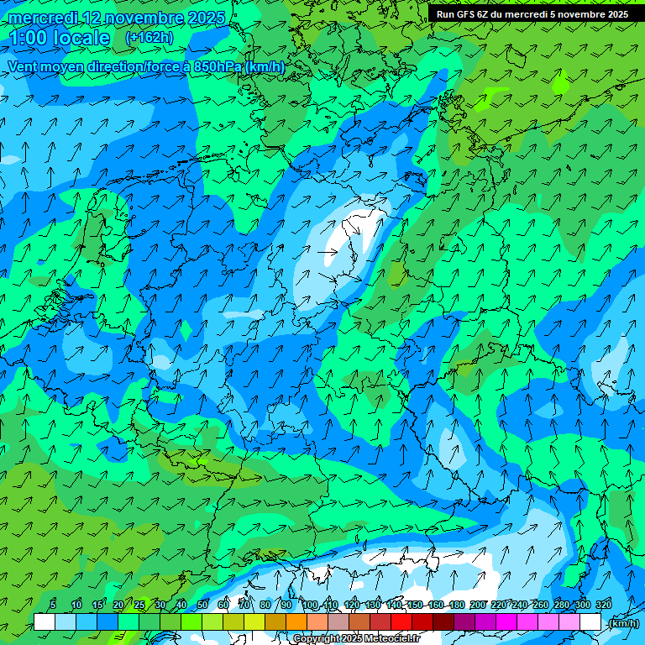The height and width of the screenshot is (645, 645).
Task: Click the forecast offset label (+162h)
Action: point(149,38)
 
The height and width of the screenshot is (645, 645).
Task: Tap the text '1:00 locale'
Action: point(60,38)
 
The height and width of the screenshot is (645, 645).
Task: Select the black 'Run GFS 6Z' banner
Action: point(532,14)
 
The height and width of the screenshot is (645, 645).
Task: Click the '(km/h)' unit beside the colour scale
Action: point(622,623)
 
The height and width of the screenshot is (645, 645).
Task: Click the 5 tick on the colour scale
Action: point(53,605)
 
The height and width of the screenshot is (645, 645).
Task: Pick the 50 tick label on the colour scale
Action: point(202,605)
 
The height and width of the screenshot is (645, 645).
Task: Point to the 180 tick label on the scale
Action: point(457,605)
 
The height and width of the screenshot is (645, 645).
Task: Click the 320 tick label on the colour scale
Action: point(603,605)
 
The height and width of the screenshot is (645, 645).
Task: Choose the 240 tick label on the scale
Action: point(519,605)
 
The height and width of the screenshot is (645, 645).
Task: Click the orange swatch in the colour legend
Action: point(296,622)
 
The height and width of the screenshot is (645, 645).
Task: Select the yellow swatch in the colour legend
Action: point(254,622)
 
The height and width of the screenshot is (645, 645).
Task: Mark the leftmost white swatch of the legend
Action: point(45,622)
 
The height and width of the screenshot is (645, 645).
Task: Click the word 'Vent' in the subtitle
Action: point(24,66)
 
